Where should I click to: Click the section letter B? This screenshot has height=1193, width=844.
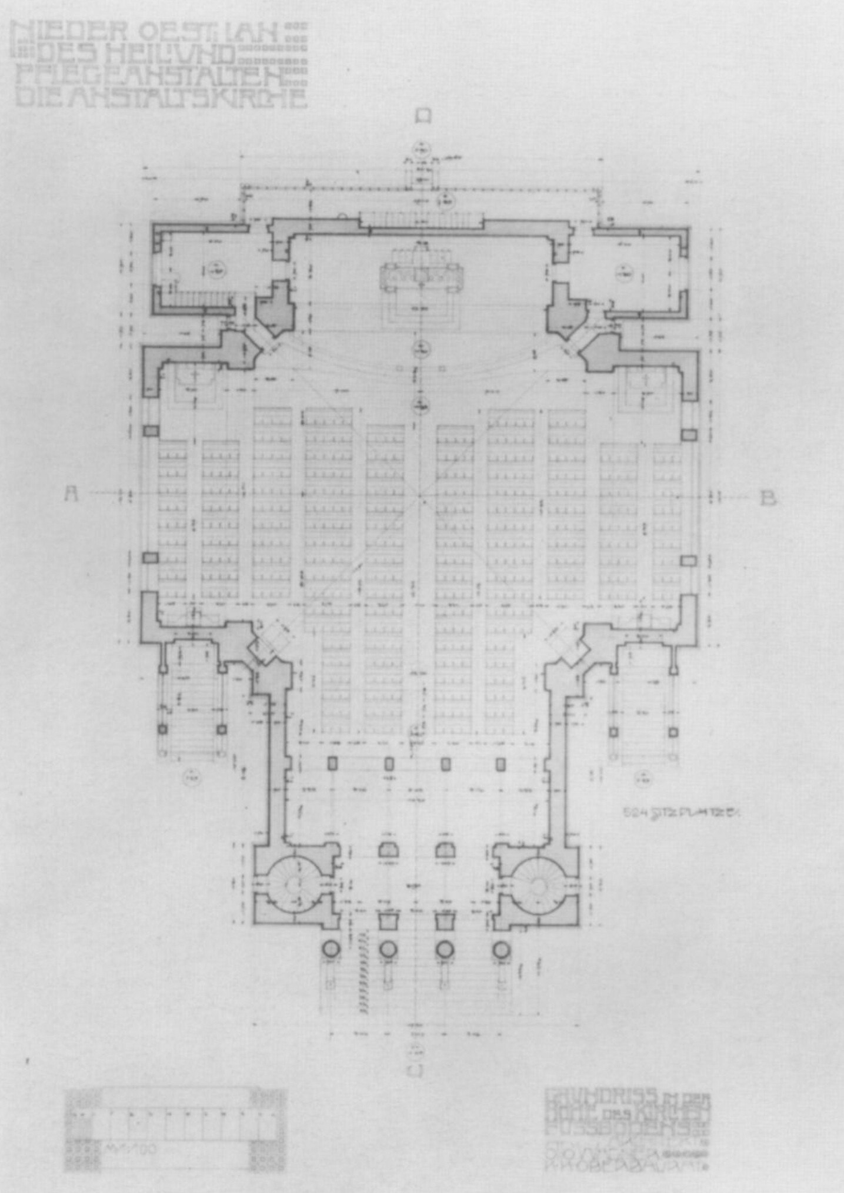tap(768, 498)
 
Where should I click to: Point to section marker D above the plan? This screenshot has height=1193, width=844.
tap(423, 115)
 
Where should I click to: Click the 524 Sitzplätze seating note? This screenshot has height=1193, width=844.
tap(681, 813)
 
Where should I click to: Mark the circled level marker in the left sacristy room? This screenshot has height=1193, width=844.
tap(216, 270)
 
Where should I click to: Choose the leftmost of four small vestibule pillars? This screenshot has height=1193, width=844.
tap(332, 763)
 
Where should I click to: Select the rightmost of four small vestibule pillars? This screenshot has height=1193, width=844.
tap(501, 764)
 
